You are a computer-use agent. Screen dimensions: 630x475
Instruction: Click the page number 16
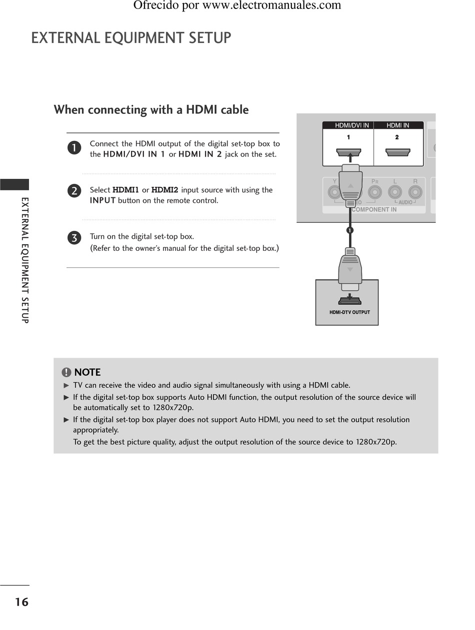(x=21, y=602)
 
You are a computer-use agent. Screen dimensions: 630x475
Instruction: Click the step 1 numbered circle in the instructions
(x=74, y=148)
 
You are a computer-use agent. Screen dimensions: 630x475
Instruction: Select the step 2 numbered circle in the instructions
(x=74, y=191)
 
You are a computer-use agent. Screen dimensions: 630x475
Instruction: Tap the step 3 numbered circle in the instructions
(x=74, y=238)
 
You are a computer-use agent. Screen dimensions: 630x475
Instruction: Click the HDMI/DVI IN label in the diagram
(x=351, y=125)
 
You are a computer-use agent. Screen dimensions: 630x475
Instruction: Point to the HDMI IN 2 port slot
(x=398, y=152)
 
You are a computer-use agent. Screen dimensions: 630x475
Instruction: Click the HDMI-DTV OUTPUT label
(x=349, y=312)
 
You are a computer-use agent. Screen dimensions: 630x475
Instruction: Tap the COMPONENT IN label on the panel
(x=374, y=210)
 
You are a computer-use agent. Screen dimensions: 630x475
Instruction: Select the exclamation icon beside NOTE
(x=66, y=372)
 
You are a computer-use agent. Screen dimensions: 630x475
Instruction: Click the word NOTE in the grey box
(x=87, y=372)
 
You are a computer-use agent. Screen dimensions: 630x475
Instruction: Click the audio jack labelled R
(x=414, y=192)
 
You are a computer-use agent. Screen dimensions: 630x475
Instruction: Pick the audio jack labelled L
(x=395, y=192)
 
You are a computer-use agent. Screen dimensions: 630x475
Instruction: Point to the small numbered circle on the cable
(x=349, y=230)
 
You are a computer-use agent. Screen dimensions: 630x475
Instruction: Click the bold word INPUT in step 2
(x=102, y=201)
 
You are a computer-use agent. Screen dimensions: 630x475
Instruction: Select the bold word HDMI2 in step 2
(x=164, y=190)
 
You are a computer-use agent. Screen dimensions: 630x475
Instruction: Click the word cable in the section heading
(x=234, y=110)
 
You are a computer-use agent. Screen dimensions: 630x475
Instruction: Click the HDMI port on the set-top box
(x=349, y=301)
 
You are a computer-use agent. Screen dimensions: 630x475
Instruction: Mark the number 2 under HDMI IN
(x=397, y=137)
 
